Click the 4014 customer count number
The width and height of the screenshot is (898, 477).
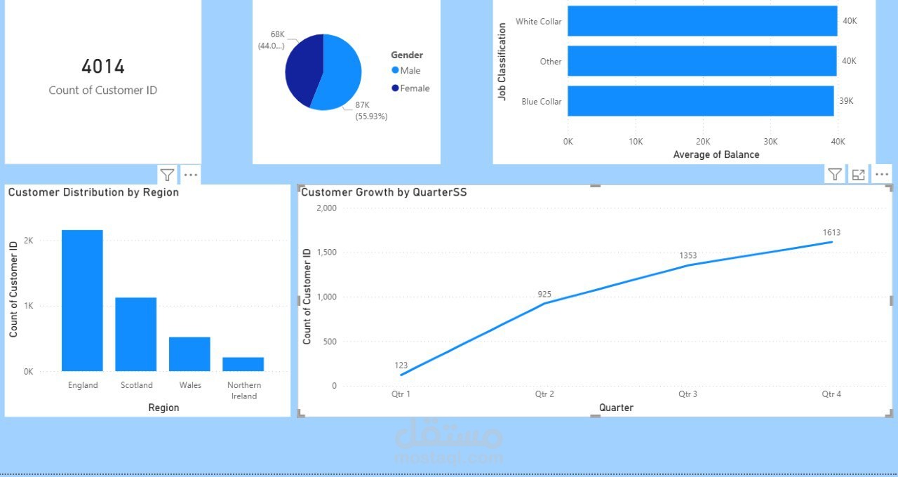click(103, 67)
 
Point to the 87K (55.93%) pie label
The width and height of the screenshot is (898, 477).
click(371, 111)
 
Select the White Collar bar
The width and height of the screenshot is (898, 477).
click(702, 21)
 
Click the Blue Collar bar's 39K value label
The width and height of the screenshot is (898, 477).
click(847, 101)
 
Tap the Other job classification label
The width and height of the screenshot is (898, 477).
click(550, 62)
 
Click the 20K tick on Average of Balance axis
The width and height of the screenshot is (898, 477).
click(702, 142)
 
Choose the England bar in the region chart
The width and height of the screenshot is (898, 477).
click(82, 300)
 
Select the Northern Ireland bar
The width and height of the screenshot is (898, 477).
click(243, 364)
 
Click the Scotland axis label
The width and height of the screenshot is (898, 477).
click(136, 385)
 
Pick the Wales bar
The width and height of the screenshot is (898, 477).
click(189, 354)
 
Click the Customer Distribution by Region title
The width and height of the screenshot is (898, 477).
click(93, 192)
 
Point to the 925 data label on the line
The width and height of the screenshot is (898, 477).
click(544, 294)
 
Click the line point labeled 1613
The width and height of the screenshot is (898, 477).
click(831, 242)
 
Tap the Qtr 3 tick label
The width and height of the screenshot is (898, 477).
click(688, 394)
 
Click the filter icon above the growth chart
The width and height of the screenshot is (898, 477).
click(834, 175)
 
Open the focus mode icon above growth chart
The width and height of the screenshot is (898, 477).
click(858, 175)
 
